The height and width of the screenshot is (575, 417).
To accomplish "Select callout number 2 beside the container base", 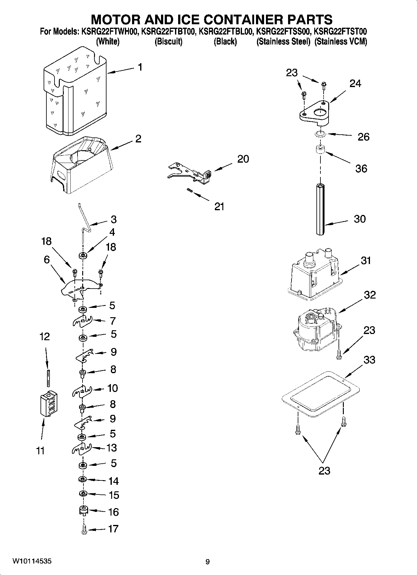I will point(138,139).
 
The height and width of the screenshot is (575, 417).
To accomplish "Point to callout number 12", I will point(45,336).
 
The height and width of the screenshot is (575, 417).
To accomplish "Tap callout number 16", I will point(114,512).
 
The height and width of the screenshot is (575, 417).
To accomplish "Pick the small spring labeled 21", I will point(189,191).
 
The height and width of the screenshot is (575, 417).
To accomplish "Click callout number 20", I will point(243,159).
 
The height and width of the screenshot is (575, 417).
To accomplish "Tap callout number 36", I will point(361,169).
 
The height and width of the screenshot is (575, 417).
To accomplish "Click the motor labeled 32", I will point(316,330).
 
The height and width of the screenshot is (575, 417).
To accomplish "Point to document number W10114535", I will point(32,561).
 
